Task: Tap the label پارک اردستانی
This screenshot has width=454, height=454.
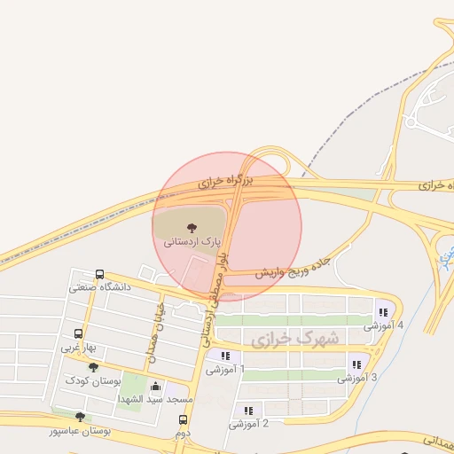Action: (x=187, y=240)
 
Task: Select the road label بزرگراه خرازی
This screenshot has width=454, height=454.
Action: (x=225, y=182)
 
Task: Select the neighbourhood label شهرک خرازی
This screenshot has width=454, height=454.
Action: (x=283, y=339)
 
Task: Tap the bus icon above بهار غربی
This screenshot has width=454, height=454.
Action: (x=79, y=335)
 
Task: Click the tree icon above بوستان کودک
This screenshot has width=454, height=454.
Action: (x=93, y=368)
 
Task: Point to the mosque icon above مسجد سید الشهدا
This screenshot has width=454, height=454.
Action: (x=157, y=386)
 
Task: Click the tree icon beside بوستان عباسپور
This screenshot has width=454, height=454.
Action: (x=81, y=416)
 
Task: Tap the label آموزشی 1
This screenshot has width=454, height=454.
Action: (x=225, y=369)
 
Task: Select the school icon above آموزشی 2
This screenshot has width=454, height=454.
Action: (x=248, y=411)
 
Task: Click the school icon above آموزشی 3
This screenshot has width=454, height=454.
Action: (x=356, y=364)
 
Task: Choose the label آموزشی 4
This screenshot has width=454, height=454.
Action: (x=383, y=325)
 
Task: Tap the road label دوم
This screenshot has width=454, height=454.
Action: (x=183, y=433)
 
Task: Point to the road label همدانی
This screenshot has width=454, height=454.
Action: (x=434, y=439)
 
